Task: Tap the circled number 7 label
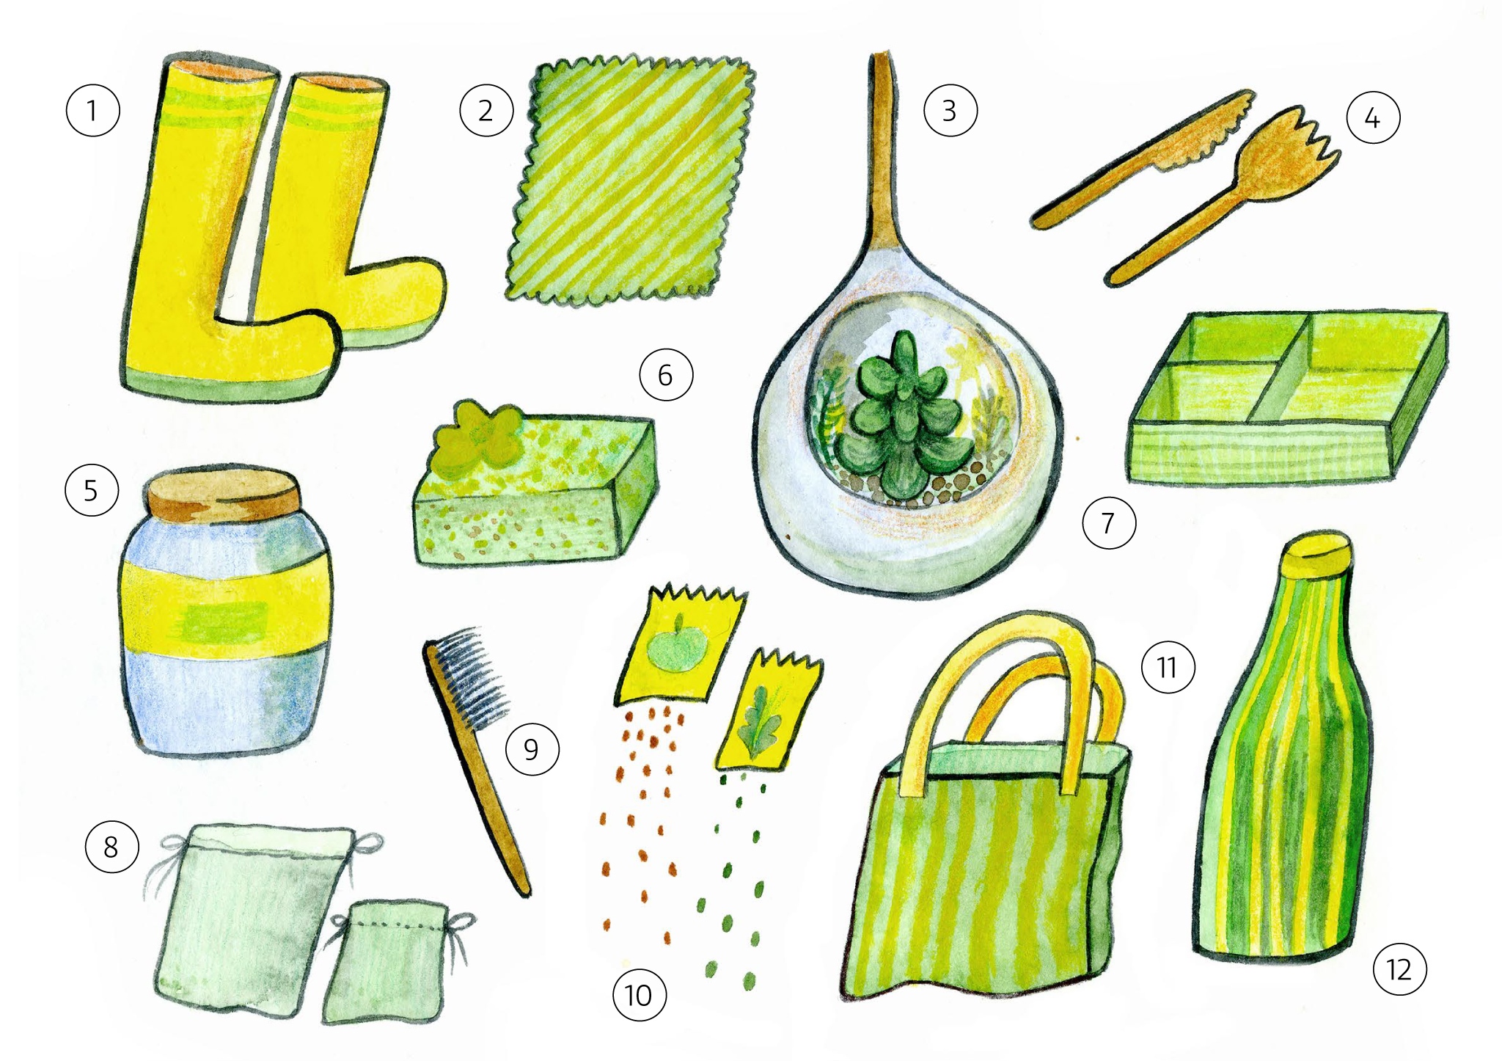click(x=1108, y=523)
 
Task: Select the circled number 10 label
click(x=639, y=996)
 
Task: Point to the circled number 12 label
click(x=1399, y=971)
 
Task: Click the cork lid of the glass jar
click(x=223, y=493)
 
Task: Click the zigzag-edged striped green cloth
click(x=631, y=180)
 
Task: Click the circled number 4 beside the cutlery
click(x=1373, y=117)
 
